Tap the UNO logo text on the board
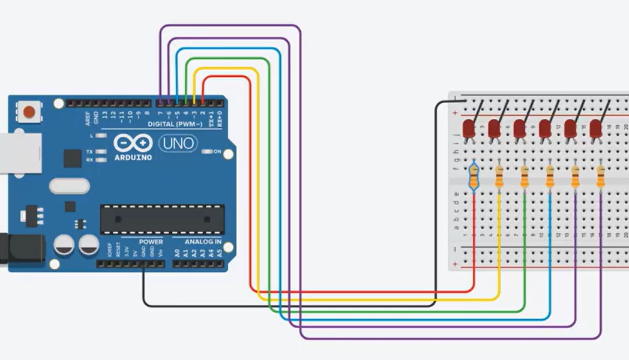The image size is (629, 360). [x=178, y=143]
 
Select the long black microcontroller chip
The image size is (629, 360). [x=162, y=219]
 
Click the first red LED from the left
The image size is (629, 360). [x=469, y=128]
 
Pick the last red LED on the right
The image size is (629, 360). [x=595, y=128]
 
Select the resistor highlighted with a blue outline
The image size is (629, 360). [x=474, y=176]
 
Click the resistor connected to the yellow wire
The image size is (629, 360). [x=499, y=176]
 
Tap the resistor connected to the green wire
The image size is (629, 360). [x=525, y=176]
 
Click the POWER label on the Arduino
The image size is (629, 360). [x=151, y=242]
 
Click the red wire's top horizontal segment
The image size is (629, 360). [x=226, y=77]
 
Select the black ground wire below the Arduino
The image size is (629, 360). [x=288, y=305]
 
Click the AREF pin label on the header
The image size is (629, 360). [x=88, y=118]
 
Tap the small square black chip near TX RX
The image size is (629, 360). [x=72, y=158]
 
